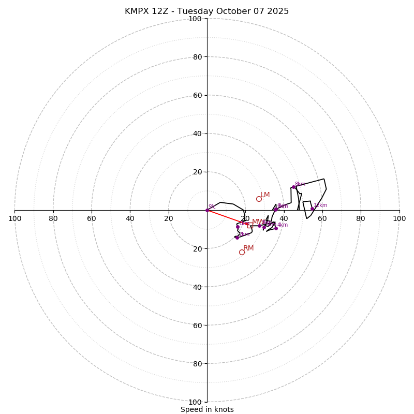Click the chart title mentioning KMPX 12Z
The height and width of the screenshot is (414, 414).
click(207, 11)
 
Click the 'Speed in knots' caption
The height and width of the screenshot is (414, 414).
click(207, 409)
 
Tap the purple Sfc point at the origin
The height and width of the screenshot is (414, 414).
click(207, 210)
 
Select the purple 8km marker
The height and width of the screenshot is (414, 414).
click(293, 187)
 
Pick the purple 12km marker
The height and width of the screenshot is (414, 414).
click(312, 209)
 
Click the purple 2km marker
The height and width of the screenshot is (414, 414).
click(237, 238)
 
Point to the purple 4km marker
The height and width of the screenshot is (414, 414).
click(276, 228)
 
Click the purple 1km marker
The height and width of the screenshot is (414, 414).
click(238, 227)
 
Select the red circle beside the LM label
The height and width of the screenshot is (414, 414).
click(259, 199)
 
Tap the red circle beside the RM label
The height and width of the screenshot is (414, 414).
click(242, 252)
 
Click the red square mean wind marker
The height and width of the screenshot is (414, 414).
click(250, 225)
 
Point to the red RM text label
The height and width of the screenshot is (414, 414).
click(248, 248)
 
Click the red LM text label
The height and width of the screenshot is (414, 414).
click(265, 195)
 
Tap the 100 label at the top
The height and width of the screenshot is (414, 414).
click(195, 19)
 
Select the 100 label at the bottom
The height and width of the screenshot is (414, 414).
click(195, 402)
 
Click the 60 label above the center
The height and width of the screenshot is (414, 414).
click(197, 95)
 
